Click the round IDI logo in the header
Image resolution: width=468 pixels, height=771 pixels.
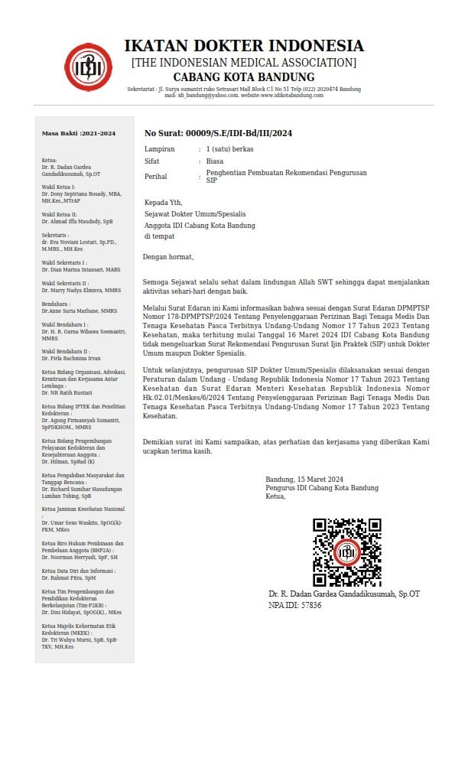coord(88,67)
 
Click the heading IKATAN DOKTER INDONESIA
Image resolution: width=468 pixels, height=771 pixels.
coord(244,46)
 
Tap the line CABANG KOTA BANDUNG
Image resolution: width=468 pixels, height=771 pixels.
coord(244,77)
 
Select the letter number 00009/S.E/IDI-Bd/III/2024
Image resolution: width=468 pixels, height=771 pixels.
coord(218,133)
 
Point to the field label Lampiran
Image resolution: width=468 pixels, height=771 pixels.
coord(160,148)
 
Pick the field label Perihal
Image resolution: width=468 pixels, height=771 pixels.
coord(157,177)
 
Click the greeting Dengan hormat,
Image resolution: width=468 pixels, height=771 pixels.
coord(168,257)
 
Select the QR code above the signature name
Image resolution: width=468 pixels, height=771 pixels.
coord(346,552)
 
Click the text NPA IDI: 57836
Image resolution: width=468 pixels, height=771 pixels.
coord(295,605)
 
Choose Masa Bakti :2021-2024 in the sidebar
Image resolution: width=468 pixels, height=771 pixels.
coord(79,133)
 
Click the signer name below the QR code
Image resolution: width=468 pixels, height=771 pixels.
coord(344,594)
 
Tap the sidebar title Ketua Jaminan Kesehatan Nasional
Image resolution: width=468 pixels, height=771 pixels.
coord(83,509)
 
